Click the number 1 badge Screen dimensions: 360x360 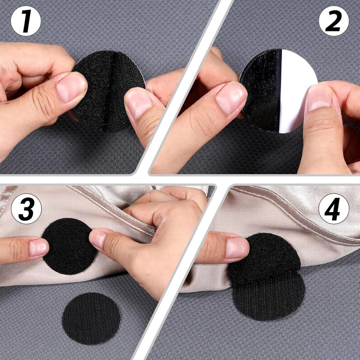click(x=26, y=21)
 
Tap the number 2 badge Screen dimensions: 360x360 click(x=334, y=21)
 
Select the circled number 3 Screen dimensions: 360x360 click(x=26, y=208)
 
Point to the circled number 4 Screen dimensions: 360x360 click(x=334, y=208)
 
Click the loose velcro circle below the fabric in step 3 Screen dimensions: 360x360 click(x=91, y=318)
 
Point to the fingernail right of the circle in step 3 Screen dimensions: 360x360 click(x=101, y=239)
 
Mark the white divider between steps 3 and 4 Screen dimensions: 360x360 click(x=179, y=271)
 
